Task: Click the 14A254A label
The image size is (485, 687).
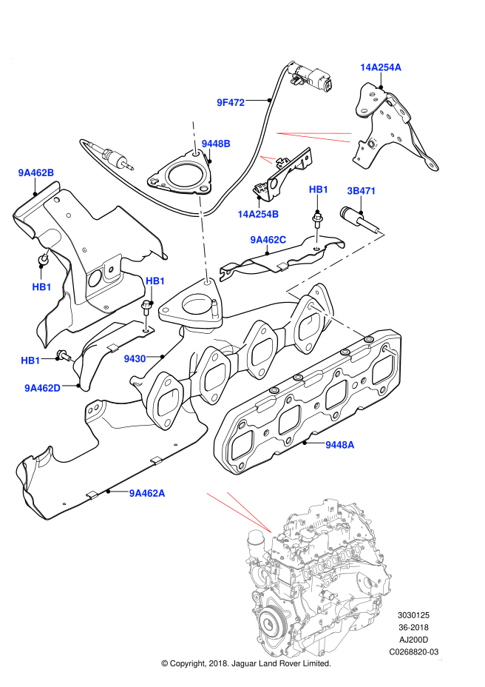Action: [381, 67]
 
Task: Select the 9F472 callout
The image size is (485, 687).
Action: [231, 102]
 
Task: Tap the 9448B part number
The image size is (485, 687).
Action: [216, 144]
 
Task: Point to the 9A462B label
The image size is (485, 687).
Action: [36, 172]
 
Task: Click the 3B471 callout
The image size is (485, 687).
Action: [362, 191]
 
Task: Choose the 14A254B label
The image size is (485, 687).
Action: [258, 214]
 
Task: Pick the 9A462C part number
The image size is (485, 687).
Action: [268, 240]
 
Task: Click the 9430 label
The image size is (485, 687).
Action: [135, 359]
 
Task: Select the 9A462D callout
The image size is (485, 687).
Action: [42, 388]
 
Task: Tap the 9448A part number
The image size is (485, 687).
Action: [340, 445]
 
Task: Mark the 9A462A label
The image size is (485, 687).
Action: [147, 493]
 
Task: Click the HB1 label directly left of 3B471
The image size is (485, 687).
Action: [319, 190]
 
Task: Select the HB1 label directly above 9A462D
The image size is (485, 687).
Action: [30, 361]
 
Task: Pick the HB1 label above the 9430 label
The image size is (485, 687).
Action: [155, 281]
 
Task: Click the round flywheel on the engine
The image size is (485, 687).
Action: [269, 626]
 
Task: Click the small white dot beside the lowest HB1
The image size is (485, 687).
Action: [72, 361]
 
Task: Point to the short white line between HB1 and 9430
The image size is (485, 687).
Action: [146, 323]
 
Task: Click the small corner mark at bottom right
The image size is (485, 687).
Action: [440, 659]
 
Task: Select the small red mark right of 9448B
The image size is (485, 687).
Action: [267, 158]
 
